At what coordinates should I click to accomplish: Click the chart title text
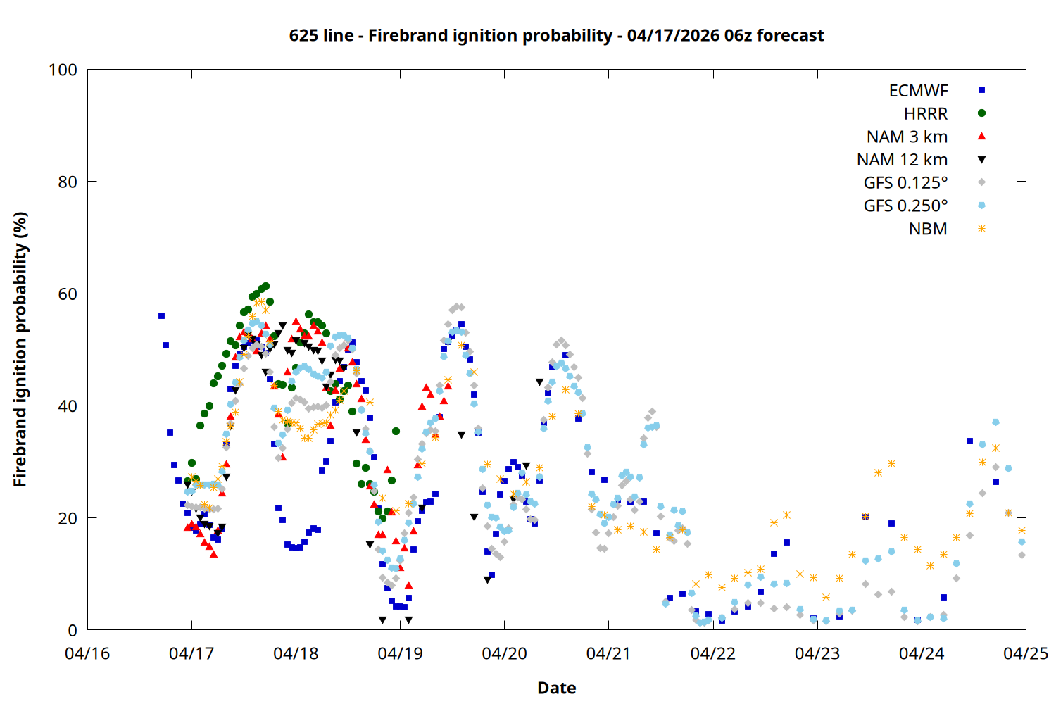click(x=556, y=35)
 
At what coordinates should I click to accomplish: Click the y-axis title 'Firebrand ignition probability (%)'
click(x=20, y=349)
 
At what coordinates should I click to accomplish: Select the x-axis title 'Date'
click(x=556, y=688)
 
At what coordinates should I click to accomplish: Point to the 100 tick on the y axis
click(x=63, y=70)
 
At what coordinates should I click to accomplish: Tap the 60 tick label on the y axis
click(x=68, y=294)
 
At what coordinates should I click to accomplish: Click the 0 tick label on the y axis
click(x=73, y=631)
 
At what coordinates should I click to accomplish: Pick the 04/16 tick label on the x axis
click(x=87, y=653)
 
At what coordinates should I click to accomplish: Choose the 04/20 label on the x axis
click(x=504, y=653)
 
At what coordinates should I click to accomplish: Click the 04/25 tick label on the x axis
click(x=1025, y=653)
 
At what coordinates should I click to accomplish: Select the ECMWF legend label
click(x=918, y=91)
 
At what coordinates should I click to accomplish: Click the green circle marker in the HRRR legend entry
click(x=981, y=113)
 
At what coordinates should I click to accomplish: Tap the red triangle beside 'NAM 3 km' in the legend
click(x=981, y=136)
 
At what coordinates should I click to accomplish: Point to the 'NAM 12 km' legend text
click(x=902, y=160)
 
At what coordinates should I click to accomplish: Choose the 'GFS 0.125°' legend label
click(x=905, y=183)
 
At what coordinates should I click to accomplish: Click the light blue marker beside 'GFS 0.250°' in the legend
click(x=981, y=206)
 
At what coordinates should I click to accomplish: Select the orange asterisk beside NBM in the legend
click(x=981, y=229)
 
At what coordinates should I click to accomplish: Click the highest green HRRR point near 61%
click(x=265, y=287)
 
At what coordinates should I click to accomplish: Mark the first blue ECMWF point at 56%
click(x=161, y=315)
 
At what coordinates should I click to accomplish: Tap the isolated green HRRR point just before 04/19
click(x=396, y=431)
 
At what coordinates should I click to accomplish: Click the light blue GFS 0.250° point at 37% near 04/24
click(x=995, y=422)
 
